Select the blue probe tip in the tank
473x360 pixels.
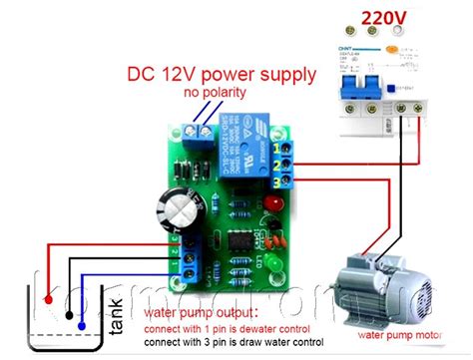tap(82, 325)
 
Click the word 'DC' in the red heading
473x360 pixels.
tap(140, 74)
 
